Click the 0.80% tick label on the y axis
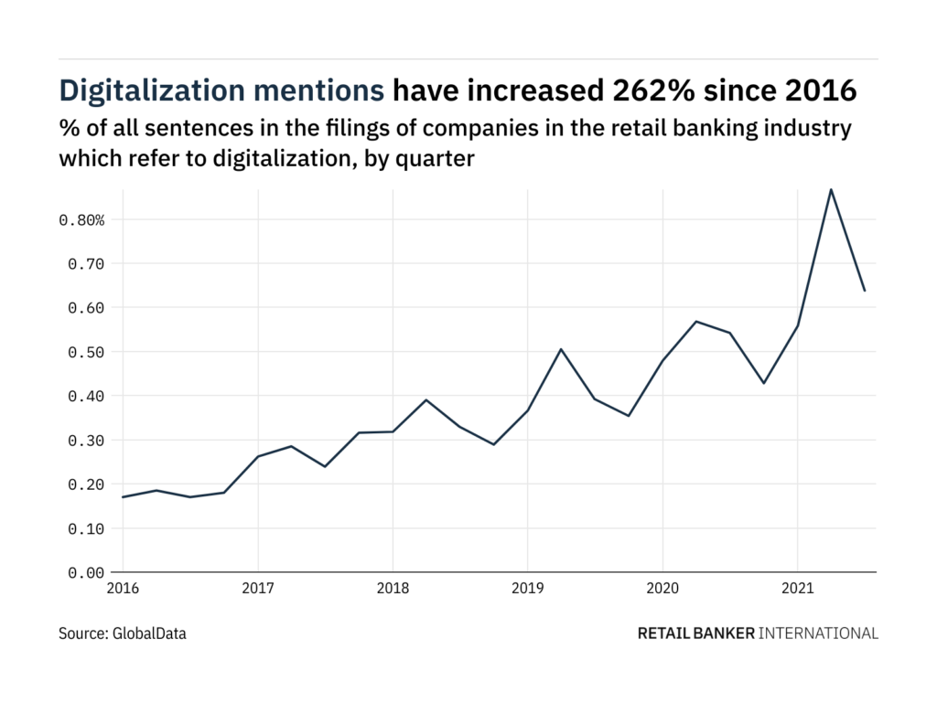pos(81,220)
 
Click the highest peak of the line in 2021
pos(831,189)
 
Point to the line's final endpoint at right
pos(865,291)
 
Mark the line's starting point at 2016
pos(123,497)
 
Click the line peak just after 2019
pos(561,349)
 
